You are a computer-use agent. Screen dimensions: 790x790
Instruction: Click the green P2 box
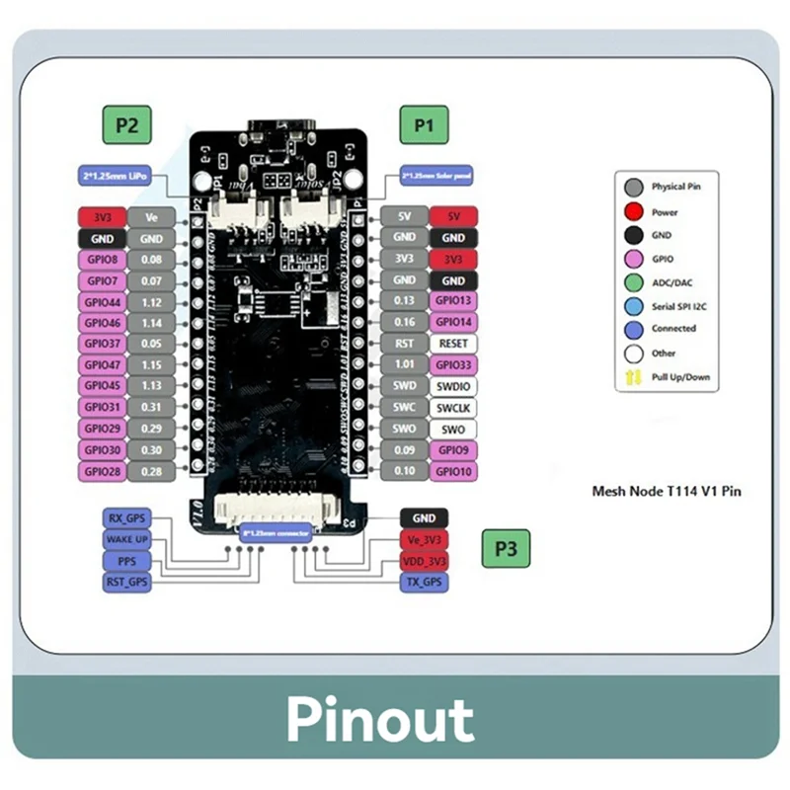tap(126, 125)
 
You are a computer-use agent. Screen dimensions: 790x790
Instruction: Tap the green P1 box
tap(424, 125)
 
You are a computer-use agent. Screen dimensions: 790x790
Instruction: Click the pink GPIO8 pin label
tap(102, 259)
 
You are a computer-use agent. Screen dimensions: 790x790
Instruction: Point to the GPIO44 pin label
tap(102, 302)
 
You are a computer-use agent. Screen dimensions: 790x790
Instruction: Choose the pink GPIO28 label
tap(102, 472)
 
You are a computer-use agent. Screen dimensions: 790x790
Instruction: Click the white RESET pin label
tap(453, 344)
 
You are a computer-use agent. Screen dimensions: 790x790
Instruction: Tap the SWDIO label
tap(453, 386)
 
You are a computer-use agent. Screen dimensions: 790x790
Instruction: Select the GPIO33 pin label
tap(453, 365)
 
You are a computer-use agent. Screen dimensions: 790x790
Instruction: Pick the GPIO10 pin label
tap(453, 471)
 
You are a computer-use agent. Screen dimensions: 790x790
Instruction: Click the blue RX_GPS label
tap(126, 518)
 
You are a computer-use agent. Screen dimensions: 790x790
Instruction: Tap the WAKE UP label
tap(126, 539)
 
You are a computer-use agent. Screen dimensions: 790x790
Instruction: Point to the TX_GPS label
tap(423, 583)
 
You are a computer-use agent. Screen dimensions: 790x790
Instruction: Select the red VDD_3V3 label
tap(423, 561)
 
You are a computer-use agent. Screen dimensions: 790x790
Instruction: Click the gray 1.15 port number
tap(151, 365)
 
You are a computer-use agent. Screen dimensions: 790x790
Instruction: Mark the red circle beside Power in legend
tap(633, 211)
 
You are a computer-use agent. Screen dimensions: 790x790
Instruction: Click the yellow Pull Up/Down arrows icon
tap(633, 377)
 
